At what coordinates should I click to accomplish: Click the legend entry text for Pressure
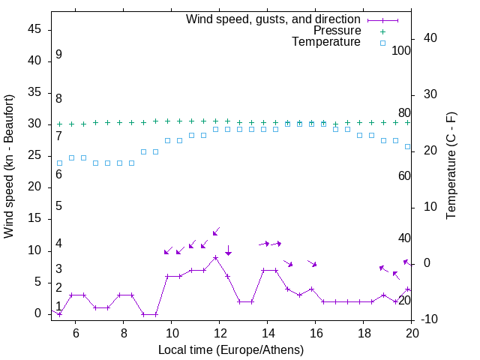click(x=337, y=31)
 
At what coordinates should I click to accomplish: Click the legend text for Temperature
click(x=326, y=42)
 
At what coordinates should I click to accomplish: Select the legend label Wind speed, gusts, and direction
click(x=274, y=19)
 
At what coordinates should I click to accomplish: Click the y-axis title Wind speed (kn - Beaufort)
click(x=9, y=166)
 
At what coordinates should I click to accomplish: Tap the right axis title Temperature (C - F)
click(x=451, y=166)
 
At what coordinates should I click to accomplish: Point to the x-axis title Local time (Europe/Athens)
click(x=231, y=349)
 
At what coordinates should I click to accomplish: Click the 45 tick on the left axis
click(x=34, y=29)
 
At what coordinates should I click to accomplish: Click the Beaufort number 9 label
click(x=58, y=55)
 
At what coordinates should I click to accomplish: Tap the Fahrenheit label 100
click(x=401, y=50)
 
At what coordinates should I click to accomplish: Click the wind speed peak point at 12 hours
click(x=216, y=257)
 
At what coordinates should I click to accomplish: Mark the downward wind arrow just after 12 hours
click(x=228, y=251)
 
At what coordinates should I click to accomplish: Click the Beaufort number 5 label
click(x=58, y=206)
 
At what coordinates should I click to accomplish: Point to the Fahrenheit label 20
click(x=404, y=300)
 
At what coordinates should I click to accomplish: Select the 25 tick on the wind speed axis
click(x=34, y=155)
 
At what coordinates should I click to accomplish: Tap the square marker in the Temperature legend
click(x=382, y=43)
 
